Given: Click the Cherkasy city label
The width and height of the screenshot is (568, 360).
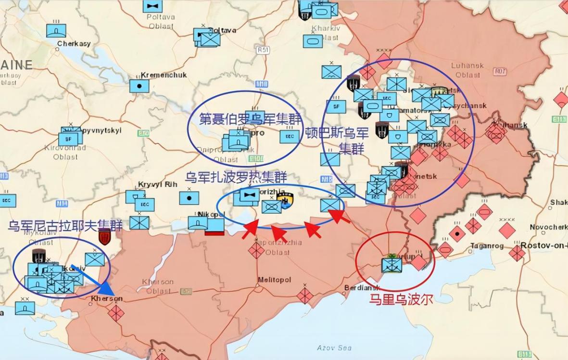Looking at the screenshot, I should (x=74, y=44).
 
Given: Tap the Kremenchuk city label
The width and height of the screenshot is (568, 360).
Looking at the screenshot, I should (x=164, y=75).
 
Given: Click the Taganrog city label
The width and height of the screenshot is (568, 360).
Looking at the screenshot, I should (x=486, y=245).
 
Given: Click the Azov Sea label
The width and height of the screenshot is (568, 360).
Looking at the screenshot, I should (x=334, y=347).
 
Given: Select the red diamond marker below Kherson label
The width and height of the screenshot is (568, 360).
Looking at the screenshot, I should (x=116, y=313).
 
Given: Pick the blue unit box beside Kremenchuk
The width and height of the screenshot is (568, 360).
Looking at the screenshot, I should (x=139, y=86).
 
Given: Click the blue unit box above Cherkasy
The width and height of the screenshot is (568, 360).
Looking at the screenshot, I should (x=56, y=31).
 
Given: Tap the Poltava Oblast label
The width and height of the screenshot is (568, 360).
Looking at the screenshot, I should (x=161, y=22).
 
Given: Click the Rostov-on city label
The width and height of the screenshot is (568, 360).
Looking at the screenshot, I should (x=544, y=245).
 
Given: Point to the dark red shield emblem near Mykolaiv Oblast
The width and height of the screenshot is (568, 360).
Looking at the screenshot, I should (x=104, y=236).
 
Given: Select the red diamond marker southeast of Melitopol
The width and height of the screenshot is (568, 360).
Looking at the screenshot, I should (x=305, y=295).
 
